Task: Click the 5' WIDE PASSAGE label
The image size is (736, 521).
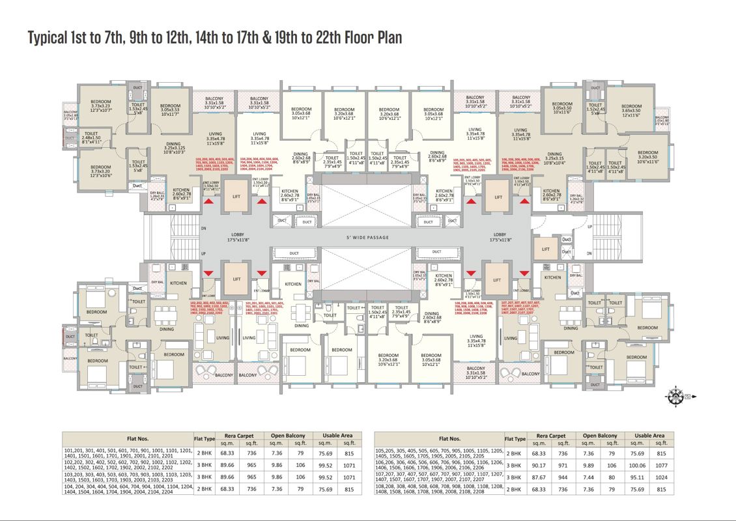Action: click(368, 237)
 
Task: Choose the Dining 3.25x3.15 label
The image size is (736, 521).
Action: click(554, 158)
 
